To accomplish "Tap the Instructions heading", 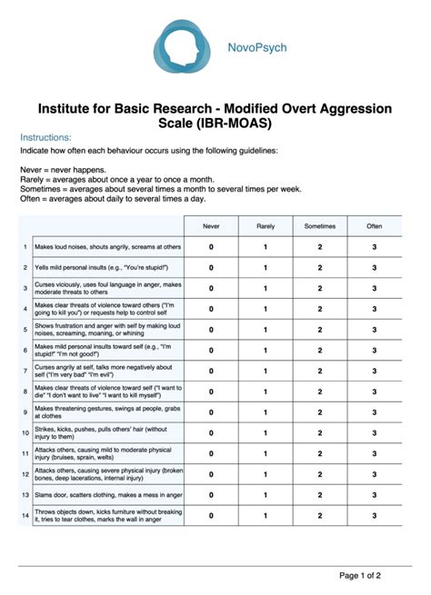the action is (46, 137).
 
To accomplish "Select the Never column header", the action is (211, 225).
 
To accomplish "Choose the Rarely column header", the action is (266, 225).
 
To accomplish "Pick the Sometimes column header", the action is (319, 225).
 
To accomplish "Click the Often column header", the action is (374, 225).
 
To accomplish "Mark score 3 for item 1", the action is (374, 246).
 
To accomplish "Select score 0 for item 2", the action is (211, 267).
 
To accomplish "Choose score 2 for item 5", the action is (319, 329).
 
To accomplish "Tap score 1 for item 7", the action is (266, 371).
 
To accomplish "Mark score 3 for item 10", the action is (374, 432).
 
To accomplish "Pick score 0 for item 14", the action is (211, 515).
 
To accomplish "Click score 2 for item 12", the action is (319, 474).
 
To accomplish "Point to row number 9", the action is (25, 412).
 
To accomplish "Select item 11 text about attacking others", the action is (105, 453).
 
